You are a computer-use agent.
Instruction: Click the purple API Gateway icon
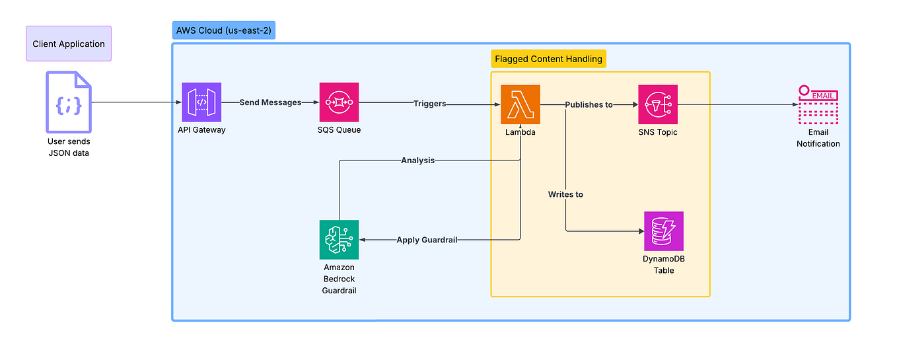(x=201, y=102)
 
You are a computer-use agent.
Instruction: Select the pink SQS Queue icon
(x=339, y=102)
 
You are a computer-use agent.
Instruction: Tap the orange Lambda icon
(x=520, y=104)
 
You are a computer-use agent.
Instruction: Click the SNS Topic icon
(x=658, y=104)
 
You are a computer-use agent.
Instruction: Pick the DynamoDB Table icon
(x=664, y=231)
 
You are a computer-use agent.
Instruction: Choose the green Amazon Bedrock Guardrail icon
(x=339, y=240)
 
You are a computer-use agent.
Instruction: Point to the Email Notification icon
(x=818, y=105)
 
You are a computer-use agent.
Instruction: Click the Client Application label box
(x=69, y=44)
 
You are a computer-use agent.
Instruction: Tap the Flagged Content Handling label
(x=548, y=59)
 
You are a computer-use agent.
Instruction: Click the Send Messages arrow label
(x=270, y=102)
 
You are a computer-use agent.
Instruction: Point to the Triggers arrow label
(x=429, y=103)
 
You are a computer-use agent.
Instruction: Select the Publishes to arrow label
(x=589, y=104)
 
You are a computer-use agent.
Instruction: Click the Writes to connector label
(x=565, y=194)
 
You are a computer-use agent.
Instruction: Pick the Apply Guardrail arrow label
(x=427, y=240)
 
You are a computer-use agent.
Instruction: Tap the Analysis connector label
(x=417, y=160)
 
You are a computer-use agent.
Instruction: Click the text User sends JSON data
(x=69, y=147)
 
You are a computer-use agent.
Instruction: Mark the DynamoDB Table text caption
(x=664, y=264)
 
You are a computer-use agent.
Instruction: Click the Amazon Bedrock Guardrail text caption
(x=339, y=279)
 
